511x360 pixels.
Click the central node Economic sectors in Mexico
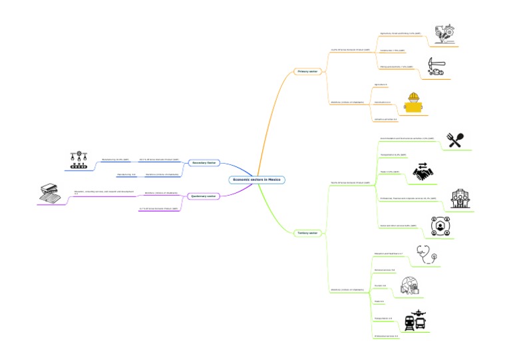coord(257,180)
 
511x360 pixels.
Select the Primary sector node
coord(308,71)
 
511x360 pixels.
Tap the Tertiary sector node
coord(308,233)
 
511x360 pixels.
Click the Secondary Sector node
coord(204,162)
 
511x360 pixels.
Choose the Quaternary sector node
coord(203,196)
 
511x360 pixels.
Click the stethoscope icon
coord(426,255)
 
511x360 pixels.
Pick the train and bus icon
coord(415,321)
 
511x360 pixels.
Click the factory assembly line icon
coord(79,160)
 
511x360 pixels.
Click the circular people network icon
coord(440,226)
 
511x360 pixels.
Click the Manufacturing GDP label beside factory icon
coord(115,160)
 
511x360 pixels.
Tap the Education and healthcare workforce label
coord(388,254)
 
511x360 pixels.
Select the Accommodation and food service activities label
coord(406,138)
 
